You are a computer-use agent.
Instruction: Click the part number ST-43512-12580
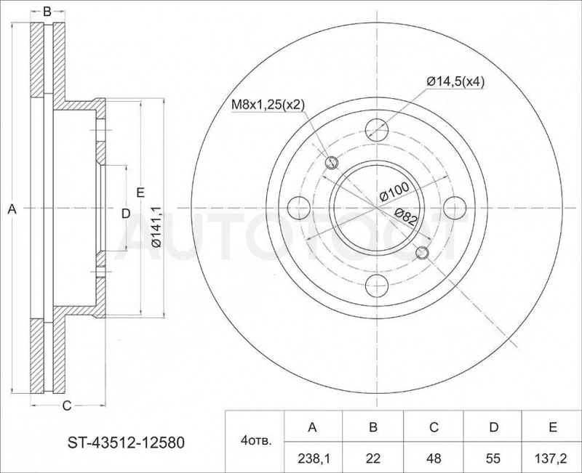[x=126, y=442]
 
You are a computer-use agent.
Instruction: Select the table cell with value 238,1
[x=313, y=458]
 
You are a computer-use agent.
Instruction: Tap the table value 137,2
[x=553, y=458]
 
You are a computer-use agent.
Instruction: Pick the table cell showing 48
[x=434, y=458]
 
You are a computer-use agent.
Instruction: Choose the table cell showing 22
[x=373, y=458]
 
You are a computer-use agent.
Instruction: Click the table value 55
[x=493, y=458]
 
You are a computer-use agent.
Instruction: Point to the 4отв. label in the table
[x=256, y=441]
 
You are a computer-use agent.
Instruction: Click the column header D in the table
[x=493, y=427]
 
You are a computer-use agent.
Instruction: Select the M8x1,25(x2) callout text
[x=268, y=105]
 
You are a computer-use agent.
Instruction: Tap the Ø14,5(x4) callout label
[x=455, y=81]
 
